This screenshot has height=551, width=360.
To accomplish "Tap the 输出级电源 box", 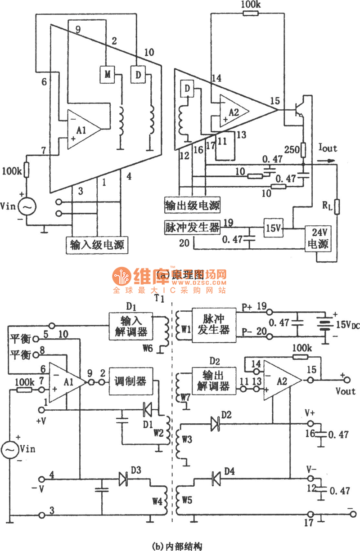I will tap(192, 205).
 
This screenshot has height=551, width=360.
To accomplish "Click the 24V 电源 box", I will tap(319, 239).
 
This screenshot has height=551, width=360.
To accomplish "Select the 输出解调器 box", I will tap(211, 381).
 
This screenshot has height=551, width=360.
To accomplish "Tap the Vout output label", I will tap(345, 391).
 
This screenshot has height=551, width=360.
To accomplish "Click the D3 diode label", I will tap(136, 470).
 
